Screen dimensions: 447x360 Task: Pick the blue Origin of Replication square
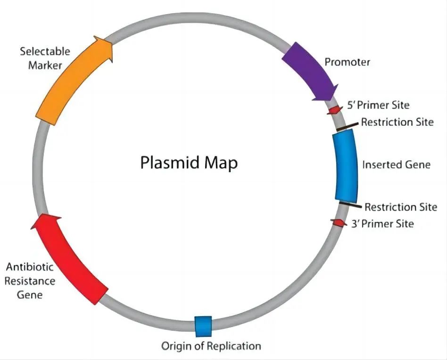[203, 327]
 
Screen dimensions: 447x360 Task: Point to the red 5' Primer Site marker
[335, 110]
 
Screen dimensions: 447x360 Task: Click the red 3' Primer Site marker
[339, 223]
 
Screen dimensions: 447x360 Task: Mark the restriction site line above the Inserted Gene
[347, 126]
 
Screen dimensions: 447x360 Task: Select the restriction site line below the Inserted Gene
[350, 205]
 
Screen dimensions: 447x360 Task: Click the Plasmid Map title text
[189, 163]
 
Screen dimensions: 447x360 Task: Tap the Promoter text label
[347, 62]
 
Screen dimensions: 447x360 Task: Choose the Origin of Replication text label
[211, 346]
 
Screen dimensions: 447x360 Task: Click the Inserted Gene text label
[396, 164]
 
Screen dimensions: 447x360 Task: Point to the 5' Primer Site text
[378, 105]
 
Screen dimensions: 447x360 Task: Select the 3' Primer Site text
[382, 223]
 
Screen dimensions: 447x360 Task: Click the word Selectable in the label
[45, 51]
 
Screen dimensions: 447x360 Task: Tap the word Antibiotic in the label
[30, 267]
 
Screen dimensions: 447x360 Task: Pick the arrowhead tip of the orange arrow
[113, 43]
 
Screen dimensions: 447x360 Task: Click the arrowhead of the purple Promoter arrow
[331, 100]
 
